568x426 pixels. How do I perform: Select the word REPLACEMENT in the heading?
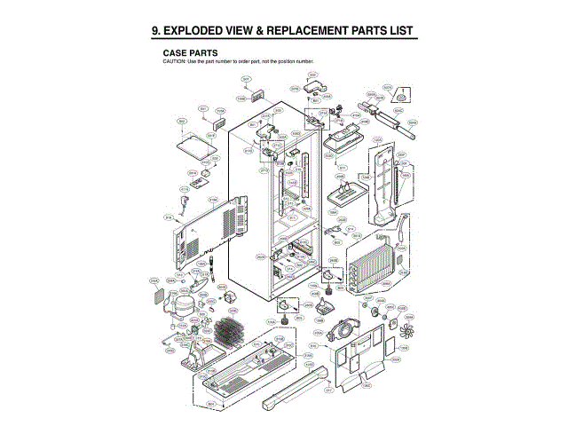(x=320, y=32)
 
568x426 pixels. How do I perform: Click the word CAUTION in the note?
(x=172, y=60)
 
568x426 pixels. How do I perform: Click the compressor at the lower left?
(x=183, y=304)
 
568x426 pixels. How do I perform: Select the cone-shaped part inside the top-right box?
(x=404, y=95)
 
